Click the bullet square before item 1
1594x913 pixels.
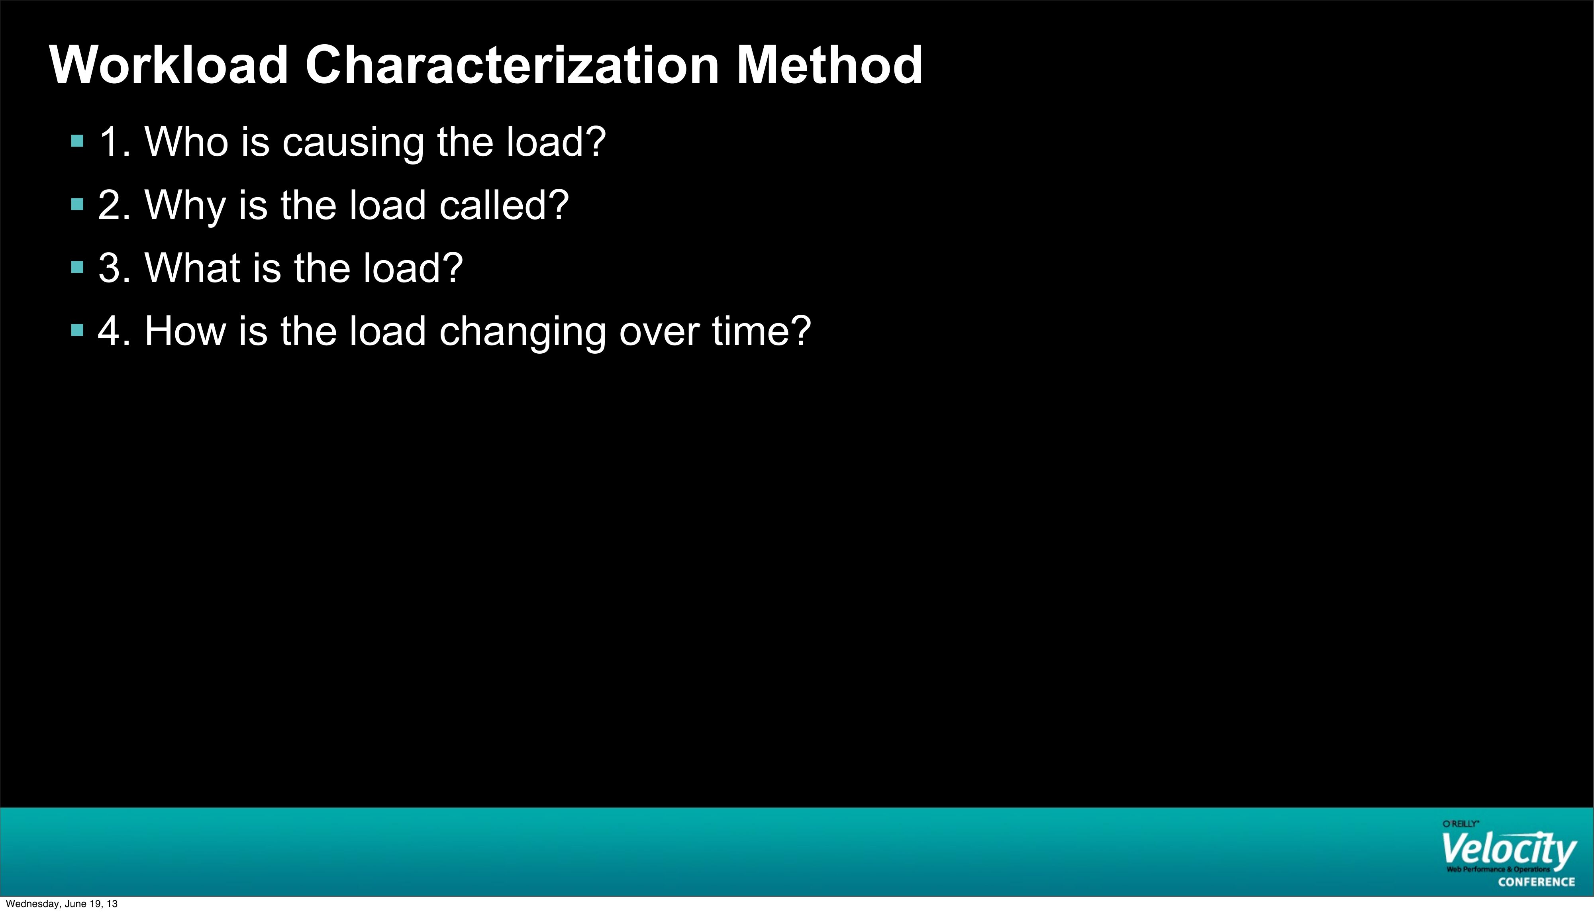pyautogui.click(x=78, y=141)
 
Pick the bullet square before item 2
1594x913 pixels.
pyautogui.click(x=78, y=204)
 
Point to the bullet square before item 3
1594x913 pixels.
pyautogui.click(x=78, y=268)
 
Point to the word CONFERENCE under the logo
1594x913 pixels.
pyautogui.click(x=1536, y=882)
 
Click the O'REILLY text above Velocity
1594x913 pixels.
pyautogui.click(x=1461, y=823)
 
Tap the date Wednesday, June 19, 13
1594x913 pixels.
pyautogui.click(x=61, y=903)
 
